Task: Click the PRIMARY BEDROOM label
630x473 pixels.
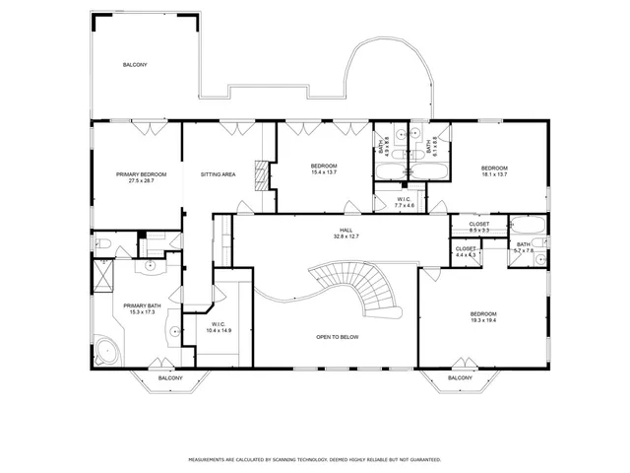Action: [141, 177]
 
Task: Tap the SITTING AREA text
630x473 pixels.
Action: [218, 174]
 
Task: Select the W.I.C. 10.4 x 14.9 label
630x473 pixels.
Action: [219, 327]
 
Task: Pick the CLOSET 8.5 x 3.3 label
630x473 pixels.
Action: [479, 227]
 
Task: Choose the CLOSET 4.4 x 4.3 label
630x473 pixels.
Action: [466, 251]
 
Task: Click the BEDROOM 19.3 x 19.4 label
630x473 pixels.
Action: [489, 316]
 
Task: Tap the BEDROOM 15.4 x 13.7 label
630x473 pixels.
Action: [324, 169]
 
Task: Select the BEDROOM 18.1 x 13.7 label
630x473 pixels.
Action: [494, 170]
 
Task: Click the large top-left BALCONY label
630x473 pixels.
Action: [135, 65]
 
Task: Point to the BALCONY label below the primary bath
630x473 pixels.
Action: [170, 377]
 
